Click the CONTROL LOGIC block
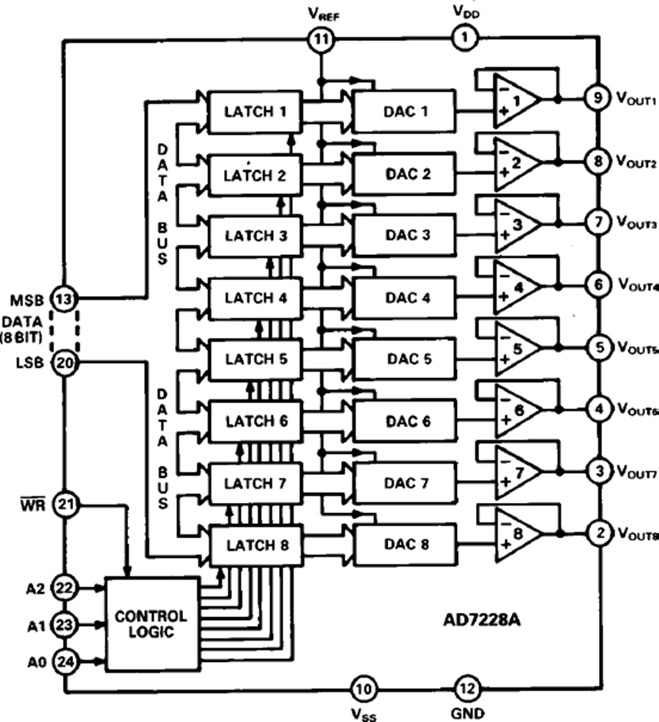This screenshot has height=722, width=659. [152, 624]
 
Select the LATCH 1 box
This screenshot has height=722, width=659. [255, 112]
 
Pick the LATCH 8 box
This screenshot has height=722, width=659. [255, 545]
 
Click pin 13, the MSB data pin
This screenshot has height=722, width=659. [64, 299]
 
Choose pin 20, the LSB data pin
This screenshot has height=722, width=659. [64, 362]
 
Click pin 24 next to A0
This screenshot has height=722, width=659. [64, 663]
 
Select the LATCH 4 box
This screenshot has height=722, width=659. [255, 298]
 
